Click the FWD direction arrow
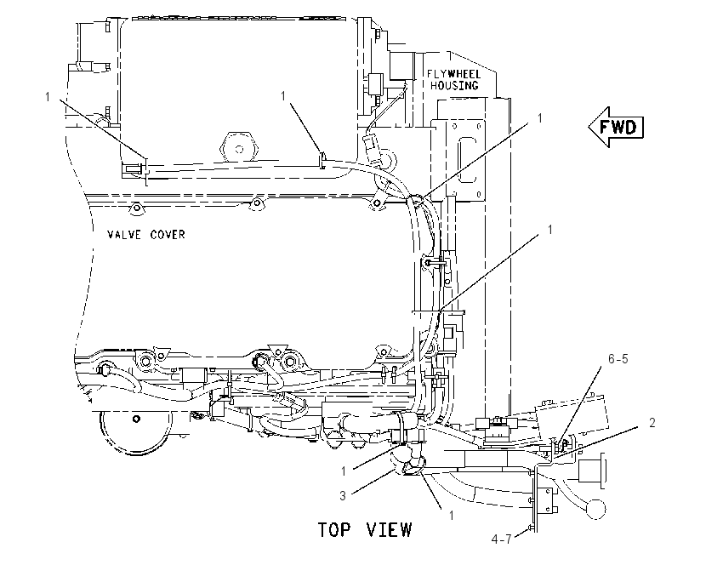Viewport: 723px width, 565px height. point(616,127)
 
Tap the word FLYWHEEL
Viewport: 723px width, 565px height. point(447,74)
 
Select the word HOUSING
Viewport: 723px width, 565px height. point(454,86)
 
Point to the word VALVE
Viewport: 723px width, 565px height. point(124,235)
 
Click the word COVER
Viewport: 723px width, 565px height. point(168,235)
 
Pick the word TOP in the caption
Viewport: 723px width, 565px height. point(333,530)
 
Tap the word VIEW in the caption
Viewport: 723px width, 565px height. point(390,530)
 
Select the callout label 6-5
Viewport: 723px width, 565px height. point(618,359)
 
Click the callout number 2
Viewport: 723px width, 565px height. point(652,423)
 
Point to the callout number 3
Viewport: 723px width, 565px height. point(343,496)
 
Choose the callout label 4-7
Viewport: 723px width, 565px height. point(501,539)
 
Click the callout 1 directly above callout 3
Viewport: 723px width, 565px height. point(344,471)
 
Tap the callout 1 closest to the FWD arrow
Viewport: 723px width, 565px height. point(540,118)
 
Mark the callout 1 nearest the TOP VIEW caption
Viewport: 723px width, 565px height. point(452,515)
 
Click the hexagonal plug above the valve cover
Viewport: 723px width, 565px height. point(239,149)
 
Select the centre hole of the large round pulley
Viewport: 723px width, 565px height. point(136,419)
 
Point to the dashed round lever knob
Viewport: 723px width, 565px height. point(595,509)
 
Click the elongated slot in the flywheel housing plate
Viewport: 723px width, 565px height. point(468,162)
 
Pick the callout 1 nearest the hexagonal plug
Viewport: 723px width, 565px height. point(283,96)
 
